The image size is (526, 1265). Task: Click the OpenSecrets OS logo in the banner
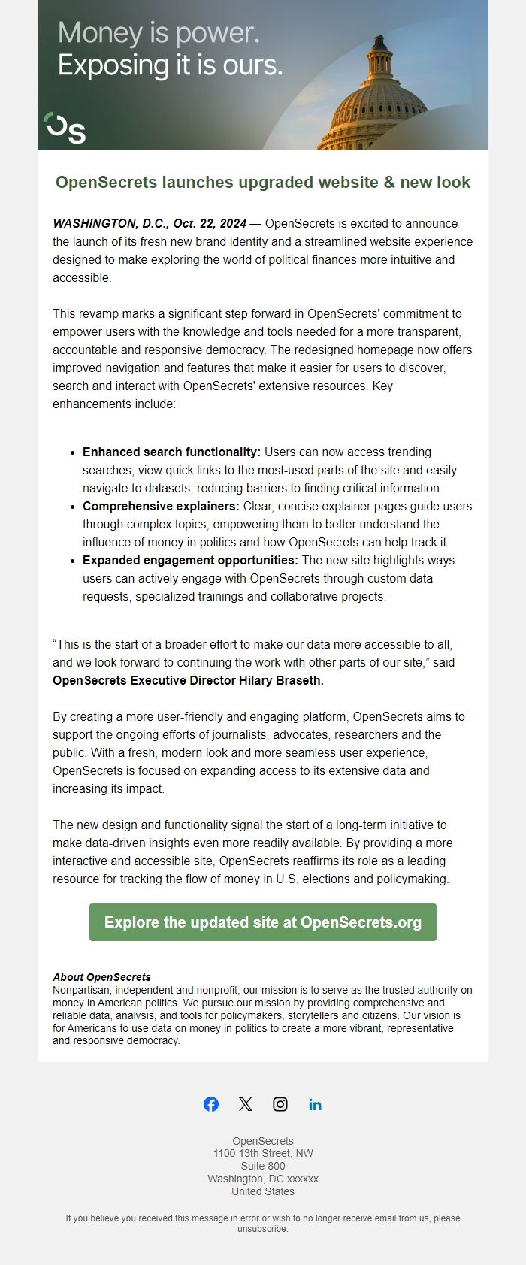(x=65, y=128)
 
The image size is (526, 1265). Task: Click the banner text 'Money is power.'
(x=159, y=33)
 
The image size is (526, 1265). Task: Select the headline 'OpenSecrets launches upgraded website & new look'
(x=263, y=183)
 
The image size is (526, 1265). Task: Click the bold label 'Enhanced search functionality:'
(x=171, y=452)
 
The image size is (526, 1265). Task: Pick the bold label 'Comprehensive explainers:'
(x=161, y=507)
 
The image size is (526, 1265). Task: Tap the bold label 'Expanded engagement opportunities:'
(x=190, y=561)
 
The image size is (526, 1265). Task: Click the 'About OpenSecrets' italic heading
(x=101, y=977)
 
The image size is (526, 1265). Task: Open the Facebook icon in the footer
(x=211, y=1104)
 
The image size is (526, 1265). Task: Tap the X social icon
(x=246, y=1104)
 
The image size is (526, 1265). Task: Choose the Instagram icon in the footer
(x=280, y=1104)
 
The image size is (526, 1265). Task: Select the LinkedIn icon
(x=315, y=1104)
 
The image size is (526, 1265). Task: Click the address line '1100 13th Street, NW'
(x=263, y=1154)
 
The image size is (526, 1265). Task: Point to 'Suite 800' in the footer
(x=263, y=1167)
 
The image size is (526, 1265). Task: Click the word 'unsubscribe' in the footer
(x=262, y=1230)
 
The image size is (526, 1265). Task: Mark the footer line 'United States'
(x=263, y=1191)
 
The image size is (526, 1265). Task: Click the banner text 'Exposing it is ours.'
(x=171, y=65)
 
